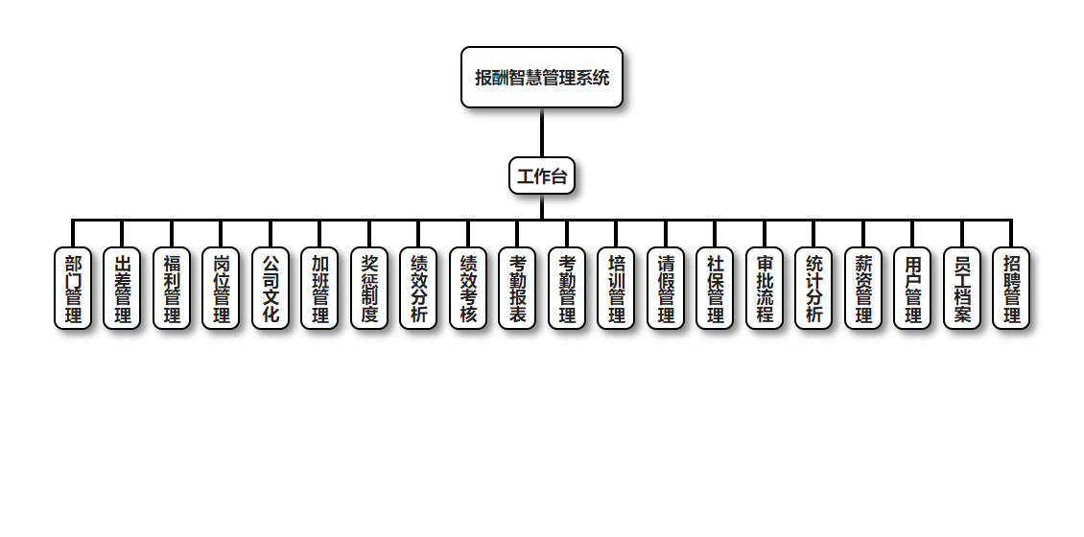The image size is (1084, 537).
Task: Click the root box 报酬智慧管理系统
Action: point(542,78)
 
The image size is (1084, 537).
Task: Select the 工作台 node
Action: point(542,175)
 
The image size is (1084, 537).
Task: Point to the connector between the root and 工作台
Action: point(542,132)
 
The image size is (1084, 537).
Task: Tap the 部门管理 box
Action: point(73,289)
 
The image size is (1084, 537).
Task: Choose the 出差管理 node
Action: point(122,289)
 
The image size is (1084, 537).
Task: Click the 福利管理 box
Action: point(172,289)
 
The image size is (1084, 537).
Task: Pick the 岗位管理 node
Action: point(221,289)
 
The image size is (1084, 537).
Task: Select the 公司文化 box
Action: point(271,289)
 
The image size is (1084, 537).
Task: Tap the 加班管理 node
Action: point(319,289)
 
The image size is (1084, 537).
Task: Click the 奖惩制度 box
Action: point(369,289)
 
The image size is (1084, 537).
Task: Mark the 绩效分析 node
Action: point(418,289)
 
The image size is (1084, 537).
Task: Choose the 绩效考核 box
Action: point(468,289)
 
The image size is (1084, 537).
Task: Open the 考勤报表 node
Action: point(517,289)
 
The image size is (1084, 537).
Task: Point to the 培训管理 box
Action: point(616,289)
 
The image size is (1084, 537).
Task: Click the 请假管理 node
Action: point(666,289)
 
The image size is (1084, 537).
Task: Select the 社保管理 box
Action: point(715,289)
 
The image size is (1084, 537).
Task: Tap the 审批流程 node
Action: point(765,289)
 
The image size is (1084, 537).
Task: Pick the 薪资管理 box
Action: point(863,289)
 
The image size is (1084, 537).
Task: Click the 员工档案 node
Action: point(962,289)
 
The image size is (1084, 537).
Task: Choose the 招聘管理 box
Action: point(1011,289)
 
